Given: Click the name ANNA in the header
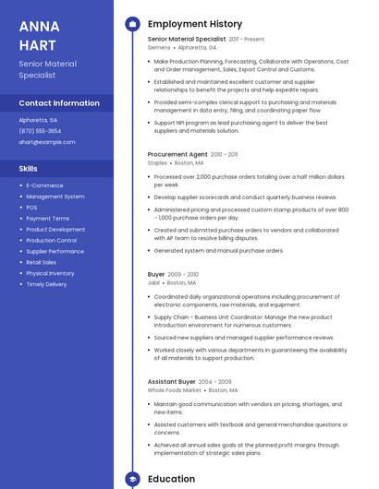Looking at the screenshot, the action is coord(39,26).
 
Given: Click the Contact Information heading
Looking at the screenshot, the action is coord(59,103).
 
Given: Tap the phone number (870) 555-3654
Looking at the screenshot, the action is coord(40,131).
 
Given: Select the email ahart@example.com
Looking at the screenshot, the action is coord(47,142).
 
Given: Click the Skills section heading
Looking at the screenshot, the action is coord(29,169).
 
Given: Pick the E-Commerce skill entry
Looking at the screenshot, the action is coord(44,185).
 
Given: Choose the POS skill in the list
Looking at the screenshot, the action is coord(32,208).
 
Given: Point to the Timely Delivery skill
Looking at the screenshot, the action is coord(46,284).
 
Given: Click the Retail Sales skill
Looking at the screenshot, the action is coord(42,262).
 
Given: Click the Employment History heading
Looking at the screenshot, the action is coord(195,24).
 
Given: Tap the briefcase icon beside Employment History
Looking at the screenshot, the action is coord(132,24).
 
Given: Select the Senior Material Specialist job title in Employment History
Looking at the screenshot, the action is coord(187,40).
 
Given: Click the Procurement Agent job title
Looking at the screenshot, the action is coord(177,154).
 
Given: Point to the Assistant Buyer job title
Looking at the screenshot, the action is coord(172,381).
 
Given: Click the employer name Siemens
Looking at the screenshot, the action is coord(159,46).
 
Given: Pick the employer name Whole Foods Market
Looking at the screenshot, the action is coord(175,389).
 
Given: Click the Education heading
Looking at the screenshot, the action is coord(171,479).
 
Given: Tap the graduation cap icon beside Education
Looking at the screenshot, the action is coord(132,479).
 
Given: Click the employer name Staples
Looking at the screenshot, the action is coord(157,162).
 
